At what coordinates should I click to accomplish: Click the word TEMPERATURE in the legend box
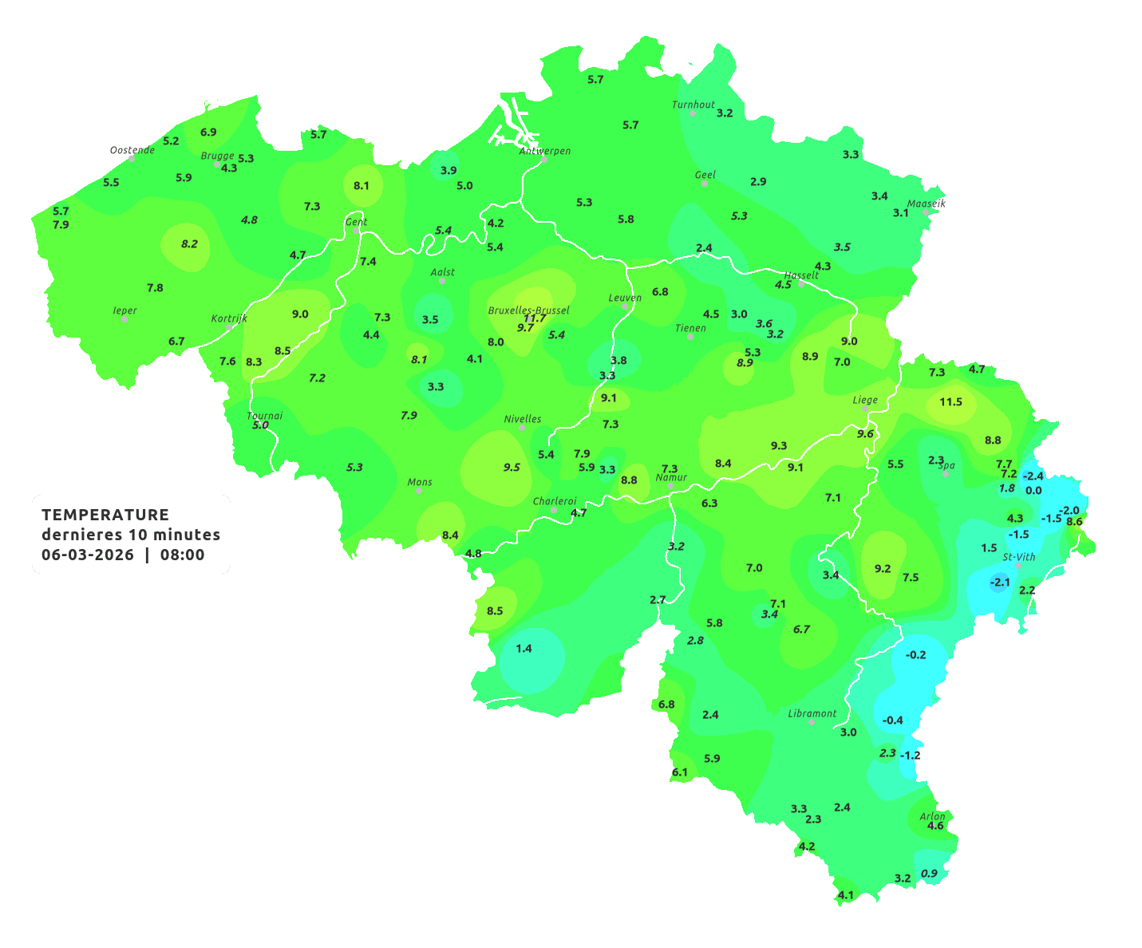(105, 515)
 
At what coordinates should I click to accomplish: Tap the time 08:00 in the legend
(182, 555)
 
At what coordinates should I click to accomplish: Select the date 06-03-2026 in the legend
(88, 555)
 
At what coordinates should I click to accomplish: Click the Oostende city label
(132, 150)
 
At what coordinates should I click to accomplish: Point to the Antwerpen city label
(545, 151)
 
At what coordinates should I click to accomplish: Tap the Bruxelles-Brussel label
(528, 310)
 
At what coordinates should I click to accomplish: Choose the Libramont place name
(812, 713)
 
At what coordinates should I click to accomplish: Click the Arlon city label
(932, 816)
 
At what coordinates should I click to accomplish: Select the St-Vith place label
(1019, 557)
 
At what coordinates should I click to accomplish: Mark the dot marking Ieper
(124, 319)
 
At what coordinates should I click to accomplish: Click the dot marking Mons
(419, 491)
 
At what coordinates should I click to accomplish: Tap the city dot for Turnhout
(693, 113)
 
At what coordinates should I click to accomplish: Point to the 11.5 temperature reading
(950, 401)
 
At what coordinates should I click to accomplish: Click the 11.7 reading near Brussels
(535, 318)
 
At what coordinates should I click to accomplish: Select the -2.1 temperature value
(1000, 583)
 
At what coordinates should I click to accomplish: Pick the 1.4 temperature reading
(524, 648)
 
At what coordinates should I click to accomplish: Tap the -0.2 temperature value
(915, 654)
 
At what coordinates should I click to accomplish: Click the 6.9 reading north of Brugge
(208, 132)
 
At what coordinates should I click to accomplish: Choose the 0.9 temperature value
(929, 873)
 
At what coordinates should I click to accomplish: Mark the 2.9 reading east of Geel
(758, 181)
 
